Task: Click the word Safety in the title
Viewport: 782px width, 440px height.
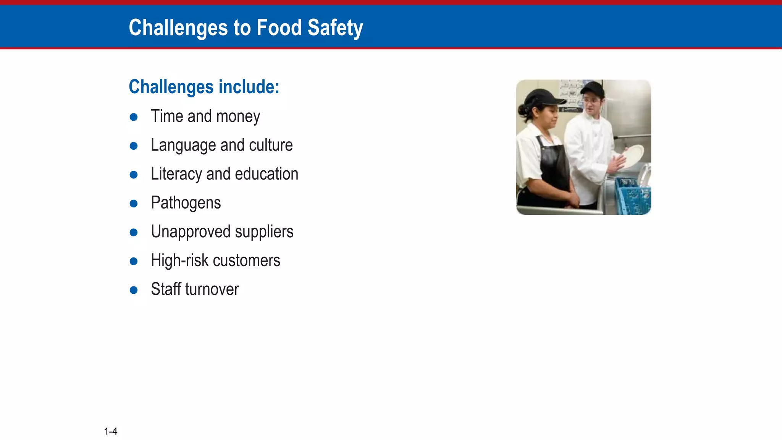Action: tap(335, 28)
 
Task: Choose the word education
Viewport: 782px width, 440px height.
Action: tap(267, 174)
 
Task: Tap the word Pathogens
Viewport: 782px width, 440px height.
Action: tap(186, 203)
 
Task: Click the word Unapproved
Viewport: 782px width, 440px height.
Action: tap(191, 232)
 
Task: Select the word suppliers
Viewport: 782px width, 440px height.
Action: tap(264, 232)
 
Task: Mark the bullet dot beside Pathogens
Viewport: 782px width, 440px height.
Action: tap(134, 203)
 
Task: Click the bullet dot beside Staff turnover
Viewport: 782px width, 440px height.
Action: tap(134, 290)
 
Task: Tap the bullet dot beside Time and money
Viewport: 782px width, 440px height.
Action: tap(134, 117)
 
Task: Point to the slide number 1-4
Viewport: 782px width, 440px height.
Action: tap(111, 431)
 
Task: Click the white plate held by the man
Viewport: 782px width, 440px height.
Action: tap(632, 156)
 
